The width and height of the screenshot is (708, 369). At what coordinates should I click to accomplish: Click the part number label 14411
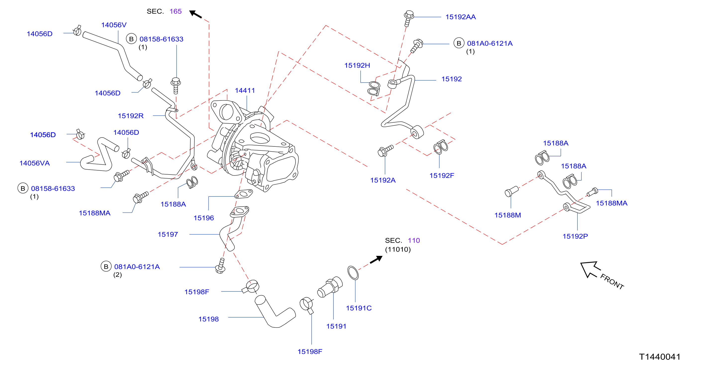(245, 91)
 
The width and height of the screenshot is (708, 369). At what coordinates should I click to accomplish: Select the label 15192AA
(460, 17)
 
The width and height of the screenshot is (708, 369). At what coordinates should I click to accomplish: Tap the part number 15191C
(359, 308)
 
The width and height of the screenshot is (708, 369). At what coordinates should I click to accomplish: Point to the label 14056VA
(35, 163)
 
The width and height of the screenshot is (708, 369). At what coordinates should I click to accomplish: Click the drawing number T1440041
(660, 357)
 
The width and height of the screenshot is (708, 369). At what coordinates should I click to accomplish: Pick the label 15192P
(575, 236)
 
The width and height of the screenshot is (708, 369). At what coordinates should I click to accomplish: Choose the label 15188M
(508, 215)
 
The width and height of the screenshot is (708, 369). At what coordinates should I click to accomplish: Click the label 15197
(168, 234)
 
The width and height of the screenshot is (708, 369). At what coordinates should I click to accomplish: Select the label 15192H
(357, 65)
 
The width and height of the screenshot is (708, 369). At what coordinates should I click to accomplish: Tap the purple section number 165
(176, 11)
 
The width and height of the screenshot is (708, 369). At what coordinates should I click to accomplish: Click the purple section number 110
(414, 240)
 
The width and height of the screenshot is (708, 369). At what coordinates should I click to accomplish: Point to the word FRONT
(612, 281)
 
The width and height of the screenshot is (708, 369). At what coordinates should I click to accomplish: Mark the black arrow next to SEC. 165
(195, 14)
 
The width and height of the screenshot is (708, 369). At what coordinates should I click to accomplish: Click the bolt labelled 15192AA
(408, 18)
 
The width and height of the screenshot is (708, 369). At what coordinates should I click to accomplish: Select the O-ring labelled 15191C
(353, 273)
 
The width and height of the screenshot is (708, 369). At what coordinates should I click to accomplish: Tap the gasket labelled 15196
(243, 194)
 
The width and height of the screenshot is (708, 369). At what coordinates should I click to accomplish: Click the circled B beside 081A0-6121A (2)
(106, 266)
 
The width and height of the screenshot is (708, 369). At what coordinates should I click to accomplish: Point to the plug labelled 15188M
(512, 191)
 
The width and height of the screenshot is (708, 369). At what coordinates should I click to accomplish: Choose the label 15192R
(131, 116)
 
